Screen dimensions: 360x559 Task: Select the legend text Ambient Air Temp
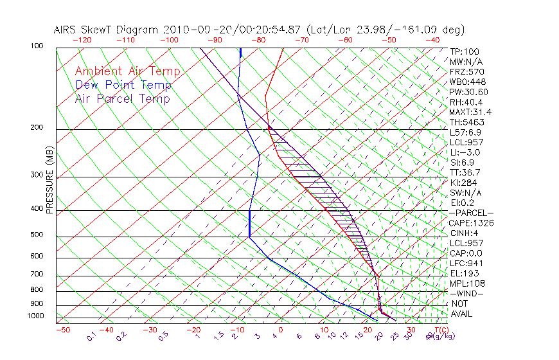click(128, 71)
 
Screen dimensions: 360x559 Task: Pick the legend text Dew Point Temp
click(123, 85)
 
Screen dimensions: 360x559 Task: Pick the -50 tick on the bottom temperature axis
click(62, 330)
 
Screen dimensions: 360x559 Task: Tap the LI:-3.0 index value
click(465, 152)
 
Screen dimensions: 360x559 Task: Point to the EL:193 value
click(463, 273)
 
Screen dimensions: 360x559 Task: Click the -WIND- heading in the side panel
click(466, 293)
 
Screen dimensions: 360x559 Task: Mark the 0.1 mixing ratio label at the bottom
click(91, 336)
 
